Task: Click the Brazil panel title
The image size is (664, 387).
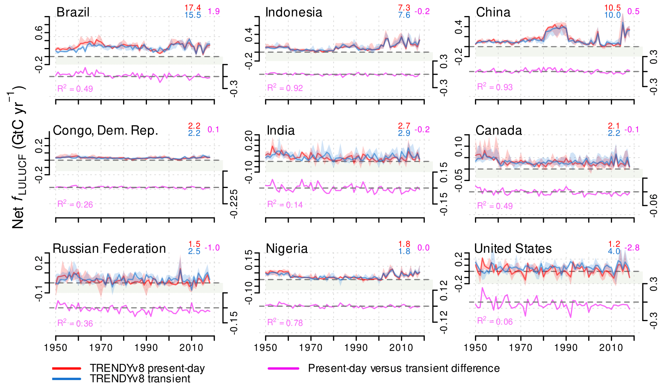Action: (x=73, y=12)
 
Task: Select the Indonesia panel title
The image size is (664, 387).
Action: (x=294, y=12)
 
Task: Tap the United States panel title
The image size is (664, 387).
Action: (x=513, y=248)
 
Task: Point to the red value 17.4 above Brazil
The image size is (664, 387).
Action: (x=193, y=8)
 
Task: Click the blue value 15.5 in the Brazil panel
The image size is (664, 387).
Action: (x=193, y=15)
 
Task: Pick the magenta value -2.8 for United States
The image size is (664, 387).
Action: (x=632, y=248)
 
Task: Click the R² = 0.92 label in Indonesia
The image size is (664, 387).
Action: (x=285, y=88)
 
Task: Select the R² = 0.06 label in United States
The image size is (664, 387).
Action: (x=495, y=321)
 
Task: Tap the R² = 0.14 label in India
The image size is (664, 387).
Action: (x=285, y=204)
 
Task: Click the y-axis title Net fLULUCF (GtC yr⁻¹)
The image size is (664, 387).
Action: (x=18, y=158)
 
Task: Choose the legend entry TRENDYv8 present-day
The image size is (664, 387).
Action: (x=147, y=368)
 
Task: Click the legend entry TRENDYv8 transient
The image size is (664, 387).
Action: (x=140, y=379)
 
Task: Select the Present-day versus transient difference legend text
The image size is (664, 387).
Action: (x=404, y=368)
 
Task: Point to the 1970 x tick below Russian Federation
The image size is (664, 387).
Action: (x=101, y=347)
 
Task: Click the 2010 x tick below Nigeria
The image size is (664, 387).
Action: (x=401, y=347)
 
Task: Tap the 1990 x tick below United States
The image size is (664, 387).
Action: (x=566, y=347)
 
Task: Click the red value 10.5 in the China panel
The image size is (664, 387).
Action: (x=612, y=8)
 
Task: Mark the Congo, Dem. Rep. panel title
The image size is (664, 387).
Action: (x=105, y=130)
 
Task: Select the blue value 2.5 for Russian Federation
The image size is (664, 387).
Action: (x=194, y=251)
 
